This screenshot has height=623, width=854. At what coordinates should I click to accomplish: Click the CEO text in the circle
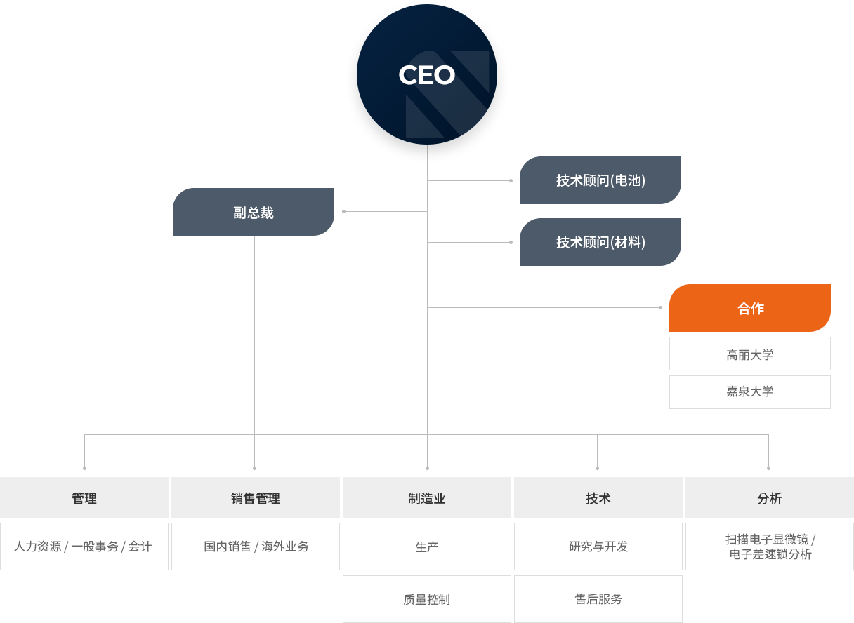[x=426, y=74]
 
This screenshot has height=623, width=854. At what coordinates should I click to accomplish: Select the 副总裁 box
[x=254, y=212]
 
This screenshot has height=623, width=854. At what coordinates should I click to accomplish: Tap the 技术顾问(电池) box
[x=600, y=180]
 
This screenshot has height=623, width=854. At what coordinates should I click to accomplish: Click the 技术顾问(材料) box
[x=600, y=242]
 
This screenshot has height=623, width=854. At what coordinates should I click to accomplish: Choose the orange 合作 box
[x=750, y=308]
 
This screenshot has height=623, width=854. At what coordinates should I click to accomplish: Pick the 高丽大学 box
[x=750, y=354]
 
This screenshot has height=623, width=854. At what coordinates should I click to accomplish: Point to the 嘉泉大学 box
[x=750, y=392]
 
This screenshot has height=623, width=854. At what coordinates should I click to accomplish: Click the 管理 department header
[x=84, y=497]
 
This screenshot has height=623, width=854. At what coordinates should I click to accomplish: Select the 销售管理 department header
[x=256, y=497]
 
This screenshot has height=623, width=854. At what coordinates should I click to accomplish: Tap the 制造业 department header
[x=426, y=497]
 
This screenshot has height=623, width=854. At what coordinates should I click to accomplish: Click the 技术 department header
[x=598, y=497]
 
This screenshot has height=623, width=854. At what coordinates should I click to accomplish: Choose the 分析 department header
[x=770, y=497]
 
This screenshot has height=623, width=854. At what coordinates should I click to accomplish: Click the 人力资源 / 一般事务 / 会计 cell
[x=84, y=547]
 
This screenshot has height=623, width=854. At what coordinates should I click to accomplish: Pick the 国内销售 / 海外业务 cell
[x=256, y=547]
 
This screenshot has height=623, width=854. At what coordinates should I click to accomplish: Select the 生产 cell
[x=426, y=547]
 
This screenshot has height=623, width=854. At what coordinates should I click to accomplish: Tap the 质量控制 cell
[x=426, y=599]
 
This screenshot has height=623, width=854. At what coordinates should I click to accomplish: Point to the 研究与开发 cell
[x=598, y=547]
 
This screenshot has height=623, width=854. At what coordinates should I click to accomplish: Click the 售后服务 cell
[x=598, y=599]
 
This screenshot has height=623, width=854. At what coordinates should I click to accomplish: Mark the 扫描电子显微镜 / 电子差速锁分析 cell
[x=770, y=547]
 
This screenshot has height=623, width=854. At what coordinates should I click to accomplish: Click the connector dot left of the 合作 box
[x=660, y=308]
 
